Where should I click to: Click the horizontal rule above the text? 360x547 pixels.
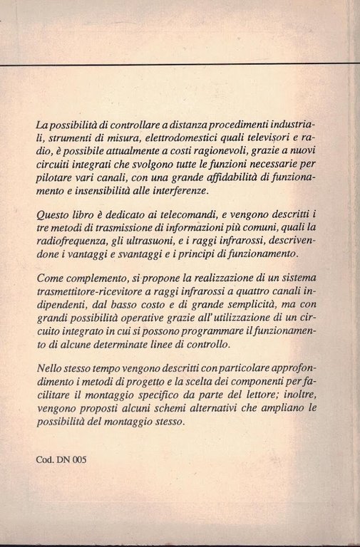pyautogui.click(x=178, y=64)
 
